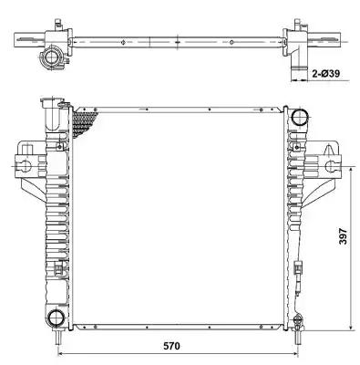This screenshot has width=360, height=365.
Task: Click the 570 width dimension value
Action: (171, 346)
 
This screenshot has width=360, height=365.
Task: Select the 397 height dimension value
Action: (343, 236)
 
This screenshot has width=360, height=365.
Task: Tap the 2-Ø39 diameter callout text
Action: (326, 73)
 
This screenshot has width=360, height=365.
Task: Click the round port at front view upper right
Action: (300, 116)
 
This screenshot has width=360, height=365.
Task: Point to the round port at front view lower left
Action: (57, 318)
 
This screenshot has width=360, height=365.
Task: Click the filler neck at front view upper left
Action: (52, 112)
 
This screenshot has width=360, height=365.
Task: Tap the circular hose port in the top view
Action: (50, 57)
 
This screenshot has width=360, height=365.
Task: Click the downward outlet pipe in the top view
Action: (298, 68)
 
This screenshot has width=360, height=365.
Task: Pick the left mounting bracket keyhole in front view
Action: (26, 166)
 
